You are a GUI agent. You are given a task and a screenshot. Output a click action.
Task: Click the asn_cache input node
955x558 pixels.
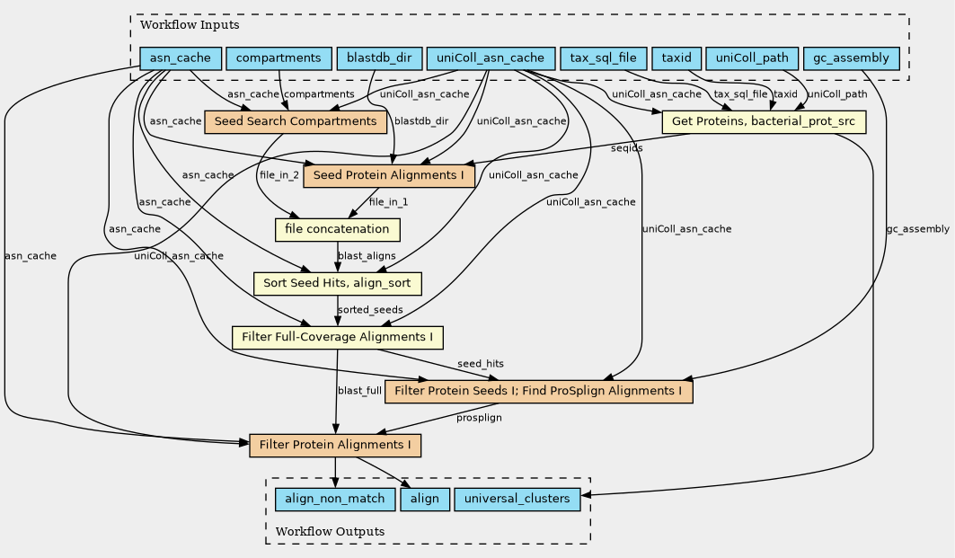tap(180, 59)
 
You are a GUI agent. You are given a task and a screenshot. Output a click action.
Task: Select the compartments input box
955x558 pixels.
tap(278, 59)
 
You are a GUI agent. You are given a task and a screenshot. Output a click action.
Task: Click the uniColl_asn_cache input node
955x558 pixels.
tap(490, 59)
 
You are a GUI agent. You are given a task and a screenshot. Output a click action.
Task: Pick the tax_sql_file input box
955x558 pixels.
tap(602, 59)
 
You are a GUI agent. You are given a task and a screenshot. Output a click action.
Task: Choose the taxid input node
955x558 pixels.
tap(676, 59)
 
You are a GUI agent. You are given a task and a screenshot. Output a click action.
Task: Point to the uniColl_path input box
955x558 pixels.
tap(751, 59)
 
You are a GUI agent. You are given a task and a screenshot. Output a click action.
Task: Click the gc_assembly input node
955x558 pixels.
tap(851, 59)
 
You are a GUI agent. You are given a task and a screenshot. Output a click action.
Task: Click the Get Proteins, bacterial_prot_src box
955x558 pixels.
tap(763, 121)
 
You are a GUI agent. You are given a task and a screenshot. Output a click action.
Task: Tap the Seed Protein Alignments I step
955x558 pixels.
tap(388, 175)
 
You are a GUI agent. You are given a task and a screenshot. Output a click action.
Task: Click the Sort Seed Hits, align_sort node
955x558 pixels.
tap(337, 283)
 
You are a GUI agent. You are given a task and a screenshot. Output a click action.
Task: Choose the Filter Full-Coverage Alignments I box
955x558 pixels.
tap(337, 338)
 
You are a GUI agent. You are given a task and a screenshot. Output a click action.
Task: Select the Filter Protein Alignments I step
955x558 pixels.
tap(335, 445)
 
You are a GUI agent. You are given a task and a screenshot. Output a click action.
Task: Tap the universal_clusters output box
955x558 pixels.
tap(517, 499)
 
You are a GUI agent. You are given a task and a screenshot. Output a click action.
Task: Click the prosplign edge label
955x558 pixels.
tap(479, 418)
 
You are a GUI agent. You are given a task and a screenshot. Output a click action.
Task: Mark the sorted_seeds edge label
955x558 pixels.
tap(370, 310)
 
